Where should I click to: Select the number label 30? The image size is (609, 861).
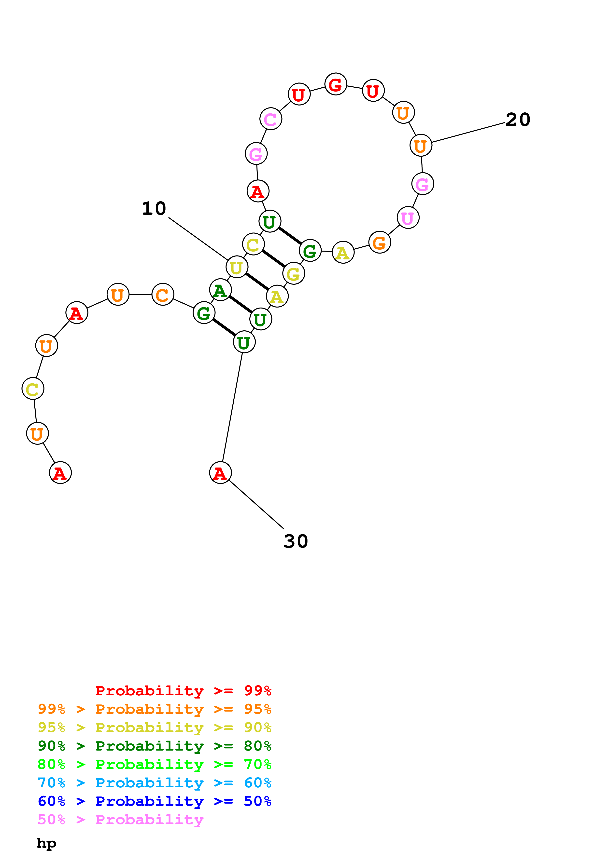click(296, 541)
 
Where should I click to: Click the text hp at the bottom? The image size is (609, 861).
click(46, 843)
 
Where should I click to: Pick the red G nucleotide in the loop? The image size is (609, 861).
click(336, 84)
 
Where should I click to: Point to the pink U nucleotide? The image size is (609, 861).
click(408, 218)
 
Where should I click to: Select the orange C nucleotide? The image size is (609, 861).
click(162, 295)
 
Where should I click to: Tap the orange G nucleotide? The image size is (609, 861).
click(379, 243)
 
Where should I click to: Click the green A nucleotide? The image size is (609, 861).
click(220, 290)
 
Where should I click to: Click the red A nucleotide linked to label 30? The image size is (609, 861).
click(220, 473)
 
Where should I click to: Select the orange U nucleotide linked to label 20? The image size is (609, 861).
click(421, 146)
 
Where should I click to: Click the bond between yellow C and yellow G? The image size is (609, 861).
click(273, 259)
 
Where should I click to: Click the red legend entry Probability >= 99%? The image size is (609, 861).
click(183, 690)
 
